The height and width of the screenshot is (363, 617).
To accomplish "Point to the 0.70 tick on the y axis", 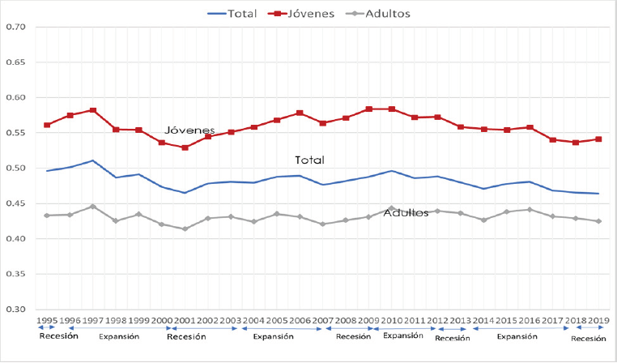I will pos(16,27).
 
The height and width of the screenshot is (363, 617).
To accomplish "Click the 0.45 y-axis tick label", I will pos(16,203).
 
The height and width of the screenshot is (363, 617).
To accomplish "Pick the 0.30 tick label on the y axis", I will pos(16,310).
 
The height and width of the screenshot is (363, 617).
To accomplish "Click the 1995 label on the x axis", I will pos(47,322).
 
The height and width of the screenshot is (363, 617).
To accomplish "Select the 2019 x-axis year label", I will pos(598,322).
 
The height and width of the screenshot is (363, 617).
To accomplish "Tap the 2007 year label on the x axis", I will pos(323,322).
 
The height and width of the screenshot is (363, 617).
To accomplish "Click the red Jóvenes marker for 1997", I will pos(93,110).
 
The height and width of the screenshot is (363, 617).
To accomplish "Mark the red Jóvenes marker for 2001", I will pos(185,147).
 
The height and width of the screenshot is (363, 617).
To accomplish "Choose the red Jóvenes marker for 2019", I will pos(598,139).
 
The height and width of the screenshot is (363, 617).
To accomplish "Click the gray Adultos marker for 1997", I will pos(93,207).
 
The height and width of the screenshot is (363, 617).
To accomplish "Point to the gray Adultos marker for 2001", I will pos(185,228).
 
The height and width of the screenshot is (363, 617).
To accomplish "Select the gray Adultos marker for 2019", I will pos(598,221).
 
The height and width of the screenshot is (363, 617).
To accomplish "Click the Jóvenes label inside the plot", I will pos(189,130).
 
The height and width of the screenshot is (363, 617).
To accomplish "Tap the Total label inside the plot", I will pos(309,160).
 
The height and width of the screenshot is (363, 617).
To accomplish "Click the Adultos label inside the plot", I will pos(405,212).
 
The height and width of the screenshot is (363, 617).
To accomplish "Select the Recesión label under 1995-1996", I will pos(58,335).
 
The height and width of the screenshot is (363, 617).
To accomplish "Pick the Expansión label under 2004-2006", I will pos(273,336).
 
